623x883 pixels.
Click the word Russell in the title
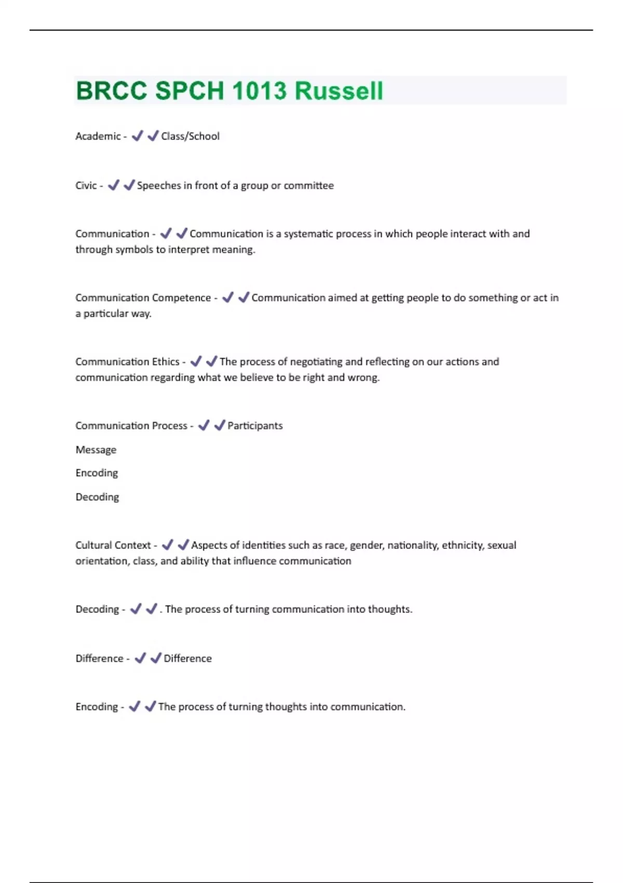tap(338, 91)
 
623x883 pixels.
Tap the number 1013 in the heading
tap(259, 91)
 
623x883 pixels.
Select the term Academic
tap(98, 136)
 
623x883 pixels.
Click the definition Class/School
tap(190, 136)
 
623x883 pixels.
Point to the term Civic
tap(86, 185)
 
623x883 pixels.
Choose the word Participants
tap(255, 425)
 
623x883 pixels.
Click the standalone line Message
tap(96, 450)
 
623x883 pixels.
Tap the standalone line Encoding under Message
tap(97, 473)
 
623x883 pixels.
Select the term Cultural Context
tap(113, 545)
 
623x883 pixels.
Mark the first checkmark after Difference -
tap(140, 658)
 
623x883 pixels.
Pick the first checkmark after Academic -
tap(137, 136)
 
